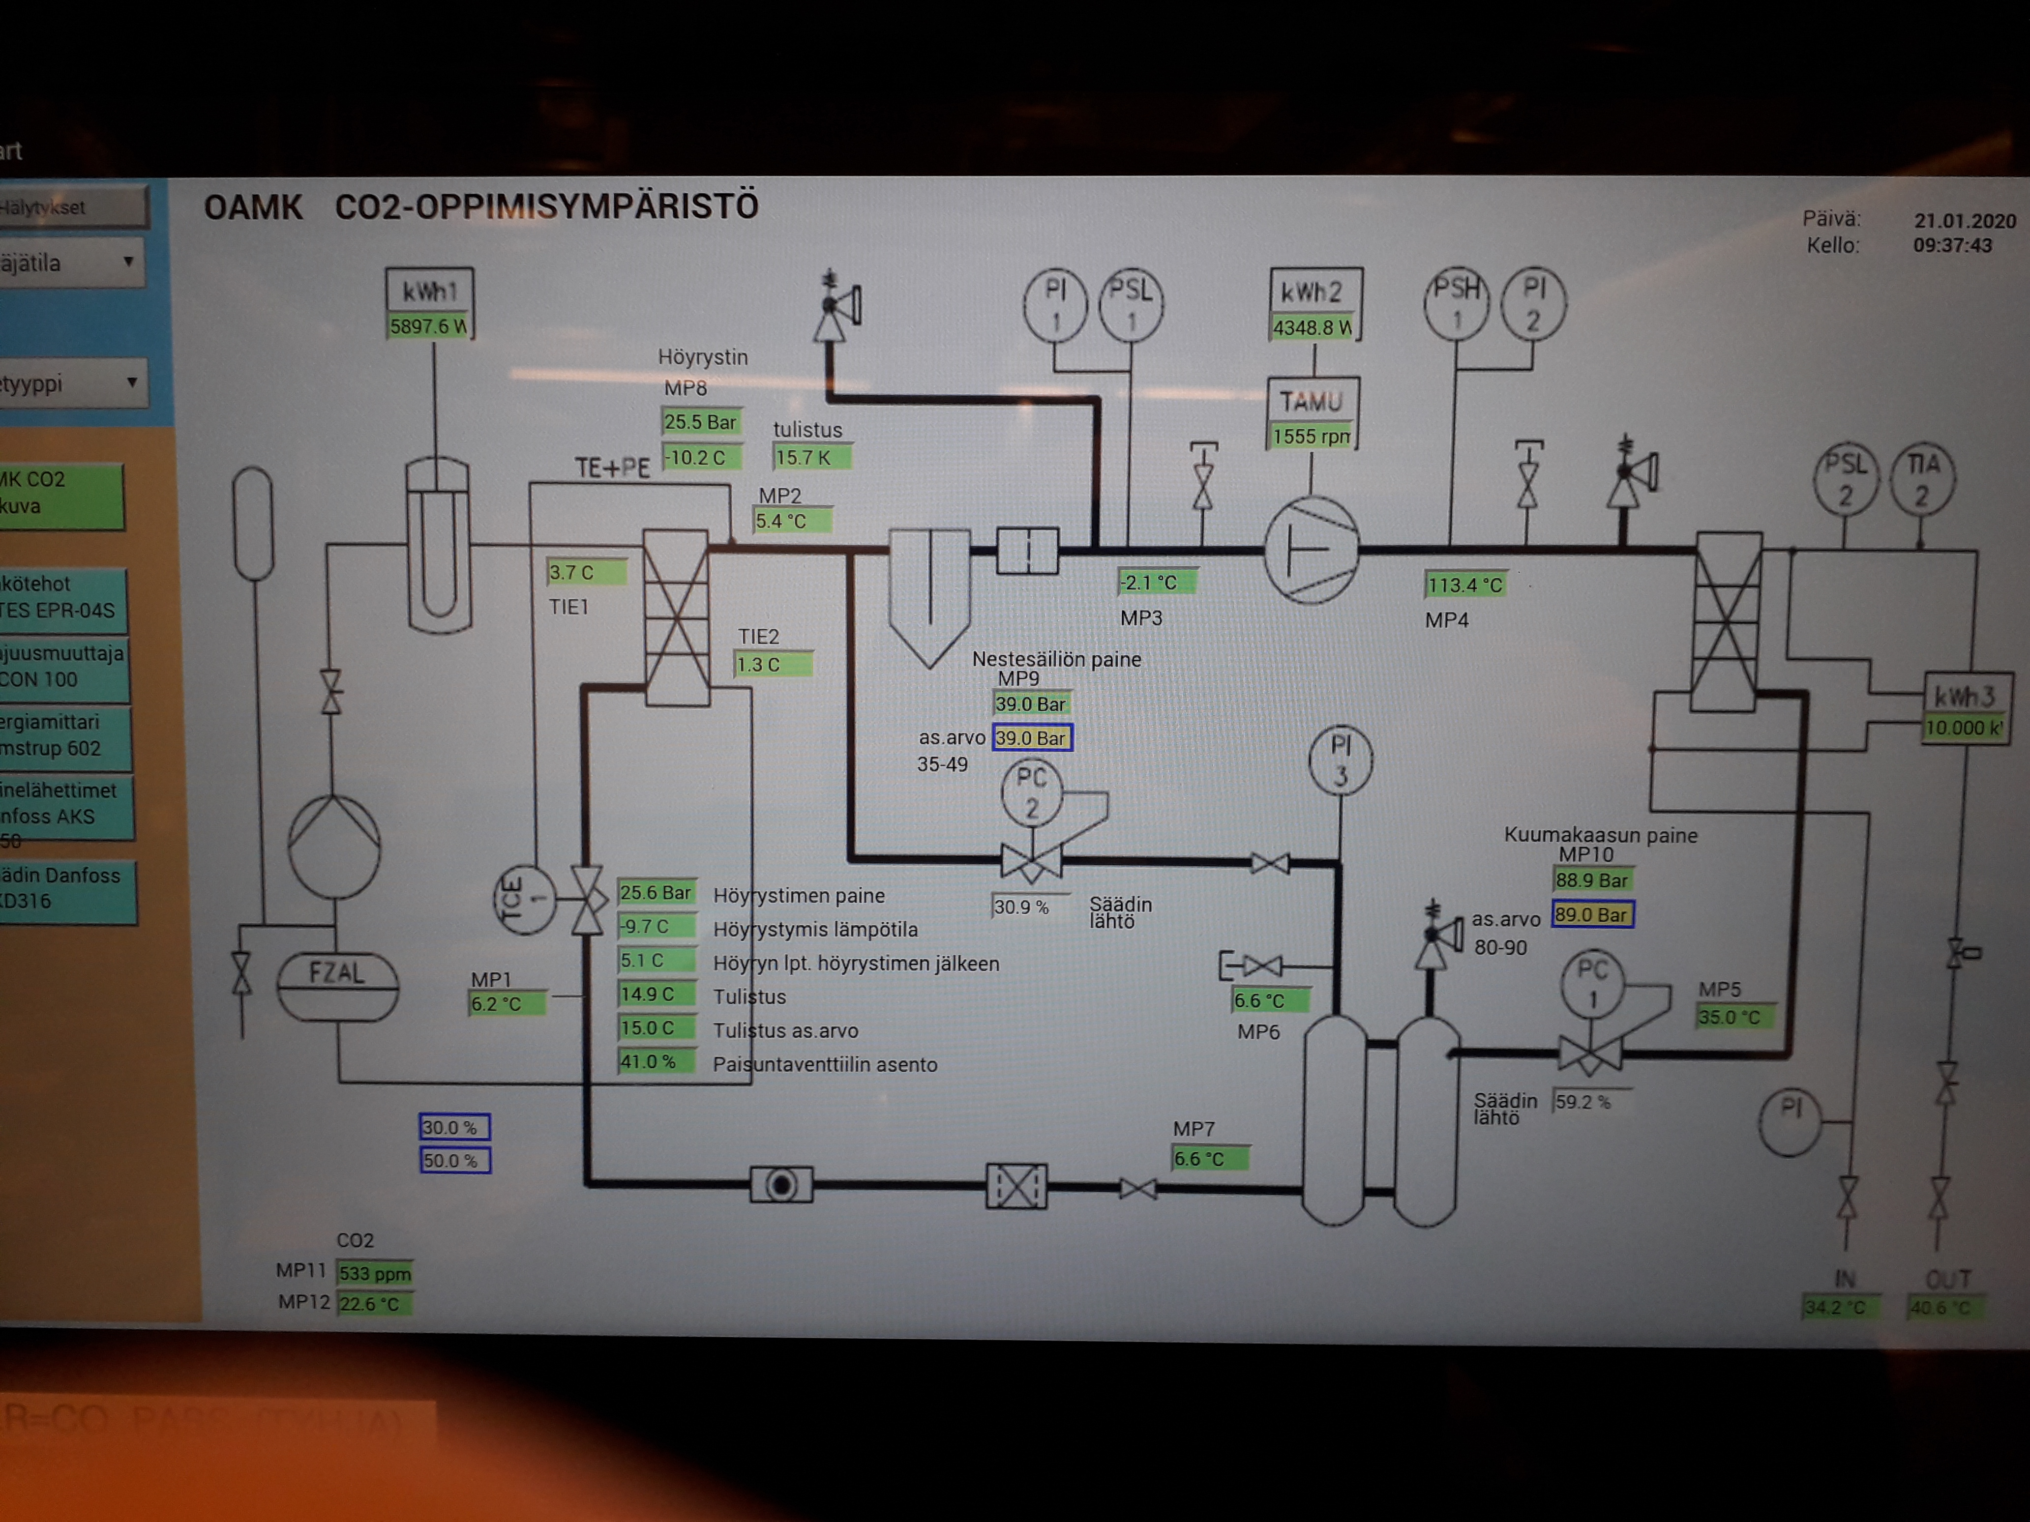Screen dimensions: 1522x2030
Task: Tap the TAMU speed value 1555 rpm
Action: click(1312, 437)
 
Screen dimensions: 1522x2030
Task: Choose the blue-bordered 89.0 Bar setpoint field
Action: click(1592, 915)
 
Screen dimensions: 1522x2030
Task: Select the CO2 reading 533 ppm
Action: click(374, 1273)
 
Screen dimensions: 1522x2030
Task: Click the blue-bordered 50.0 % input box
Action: click(454, 1161)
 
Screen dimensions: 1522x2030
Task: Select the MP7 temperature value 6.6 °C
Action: click(1210, 1159)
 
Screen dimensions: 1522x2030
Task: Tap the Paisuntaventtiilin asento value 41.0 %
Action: click(655, 1061)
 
